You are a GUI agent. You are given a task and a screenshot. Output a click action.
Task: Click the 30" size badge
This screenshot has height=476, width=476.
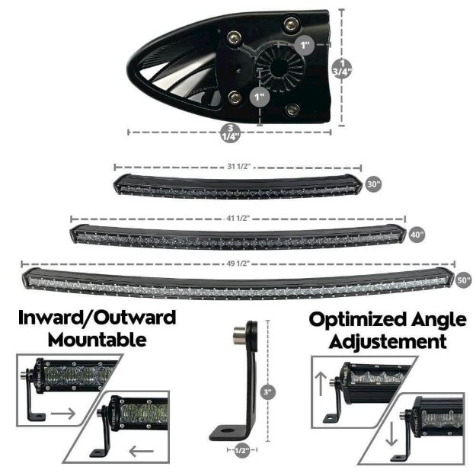(x=374, y=184)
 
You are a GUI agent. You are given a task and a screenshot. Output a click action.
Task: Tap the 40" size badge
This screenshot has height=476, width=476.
(x=417, y=235)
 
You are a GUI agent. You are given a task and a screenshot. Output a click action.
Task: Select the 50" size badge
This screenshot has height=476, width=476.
(x=465, y=280)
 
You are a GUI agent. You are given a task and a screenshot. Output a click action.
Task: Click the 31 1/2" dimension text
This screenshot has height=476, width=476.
(x=238, y=166)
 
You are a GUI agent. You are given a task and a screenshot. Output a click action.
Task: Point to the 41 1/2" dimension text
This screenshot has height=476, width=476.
(x=238, y=219)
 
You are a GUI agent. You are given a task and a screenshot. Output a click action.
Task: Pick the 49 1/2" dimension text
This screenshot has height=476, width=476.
(x=238, y=263)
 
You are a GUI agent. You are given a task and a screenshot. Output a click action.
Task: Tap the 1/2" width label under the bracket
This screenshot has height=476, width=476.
(x=241, y=451)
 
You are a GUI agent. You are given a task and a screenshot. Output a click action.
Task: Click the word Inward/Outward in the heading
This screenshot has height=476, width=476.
(x=97, y=317)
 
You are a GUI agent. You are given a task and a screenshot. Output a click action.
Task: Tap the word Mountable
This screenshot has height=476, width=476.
(x=97, y=339)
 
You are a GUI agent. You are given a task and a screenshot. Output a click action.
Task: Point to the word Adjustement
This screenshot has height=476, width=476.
(x=388, y=340)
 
